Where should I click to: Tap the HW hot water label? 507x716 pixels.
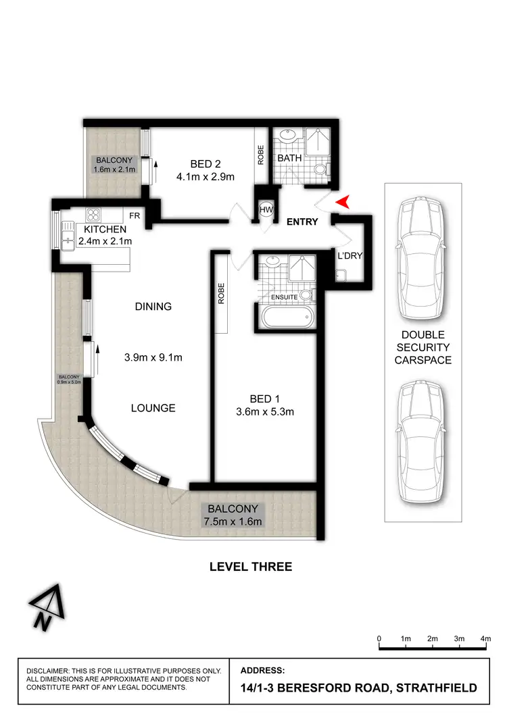pyautogui.click(x=266, y=210)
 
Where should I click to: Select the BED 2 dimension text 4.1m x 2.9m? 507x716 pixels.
pyautogui.click(x=206, y=178)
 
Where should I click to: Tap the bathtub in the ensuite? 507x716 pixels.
pyautogui.click(x=286, y=316)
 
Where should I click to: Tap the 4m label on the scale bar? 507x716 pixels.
pyautogui.click(x=485, y=638)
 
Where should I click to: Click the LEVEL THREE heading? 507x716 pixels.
pyautogui.click(x=251, y=567)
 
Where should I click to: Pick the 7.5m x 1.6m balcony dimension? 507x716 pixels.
pyautogui.click(x=232, y=521)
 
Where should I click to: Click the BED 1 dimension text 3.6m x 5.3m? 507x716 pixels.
pyautogui.click(x=266, y=411)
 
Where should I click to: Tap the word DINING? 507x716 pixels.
pyautogui.click(x=153, y=306)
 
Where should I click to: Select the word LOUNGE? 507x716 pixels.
pyautogui.click(x=153, y=407)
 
